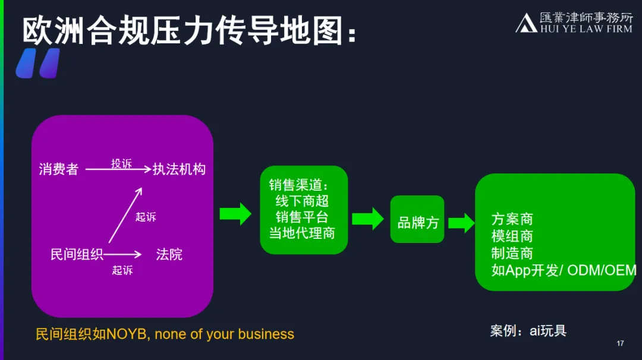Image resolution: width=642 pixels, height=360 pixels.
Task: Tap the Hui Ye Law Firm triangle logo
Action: click(x=526, y=23)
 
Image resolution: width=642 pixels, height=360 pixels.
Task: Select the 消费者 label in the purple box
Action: click(x=58, y=169)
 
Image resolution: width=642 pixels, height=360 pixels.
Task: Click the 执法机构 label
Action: click(x=179, y=169)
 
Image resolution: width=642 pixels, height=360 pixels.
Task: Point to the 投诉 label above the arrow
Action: click(x=121, y=163)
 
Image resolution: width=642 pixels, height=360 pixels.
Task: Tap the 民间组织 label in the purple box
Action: click(x=77, y=255)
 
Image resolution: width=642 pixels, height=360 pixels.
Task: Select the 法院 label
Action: click(x=169, y=255)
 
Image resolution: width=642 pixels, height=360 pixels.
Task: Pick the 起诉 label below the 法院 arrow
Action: click(x=122, y=270)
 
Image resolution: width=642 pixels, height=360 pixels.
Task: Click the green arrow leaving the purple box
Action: click(x=235, y=214)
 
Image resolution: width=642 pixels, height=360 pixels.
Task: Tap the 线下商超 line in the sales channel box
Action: click(x=302, y=201)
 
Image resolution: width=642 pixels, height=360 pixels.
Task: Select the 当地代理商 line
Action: click(x=302, y=233)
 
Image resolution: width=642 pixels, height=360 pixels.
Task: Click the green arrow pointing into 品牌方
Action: click(x=368, y=218)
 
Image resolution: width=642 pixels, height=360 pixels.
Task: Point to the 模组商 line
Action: click(x=512, y=236)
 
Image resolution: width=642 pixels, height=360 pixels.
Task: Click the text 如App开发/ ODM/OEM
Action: click(x=564, y=270)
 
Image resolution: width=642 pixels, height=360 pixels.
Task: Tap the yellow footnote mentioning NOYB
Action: click(x=165, y=334)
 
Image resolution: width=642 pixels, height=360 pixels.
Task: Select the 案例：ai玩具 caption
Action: click(x=528, y=331)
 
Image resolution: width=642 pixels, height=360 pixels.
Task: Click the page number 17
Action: click(x=621, y=343)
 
